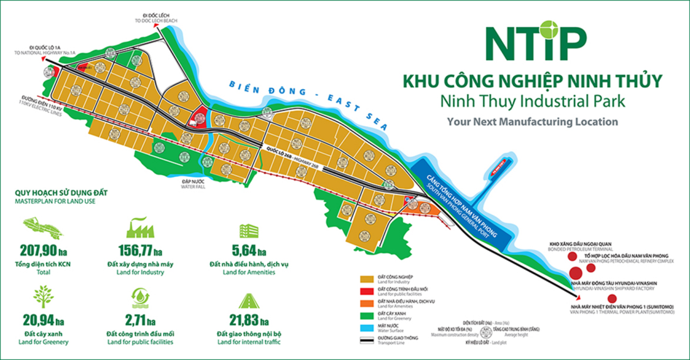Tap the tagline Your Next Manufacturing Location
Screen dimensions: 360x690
click(x=533, y=122)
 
